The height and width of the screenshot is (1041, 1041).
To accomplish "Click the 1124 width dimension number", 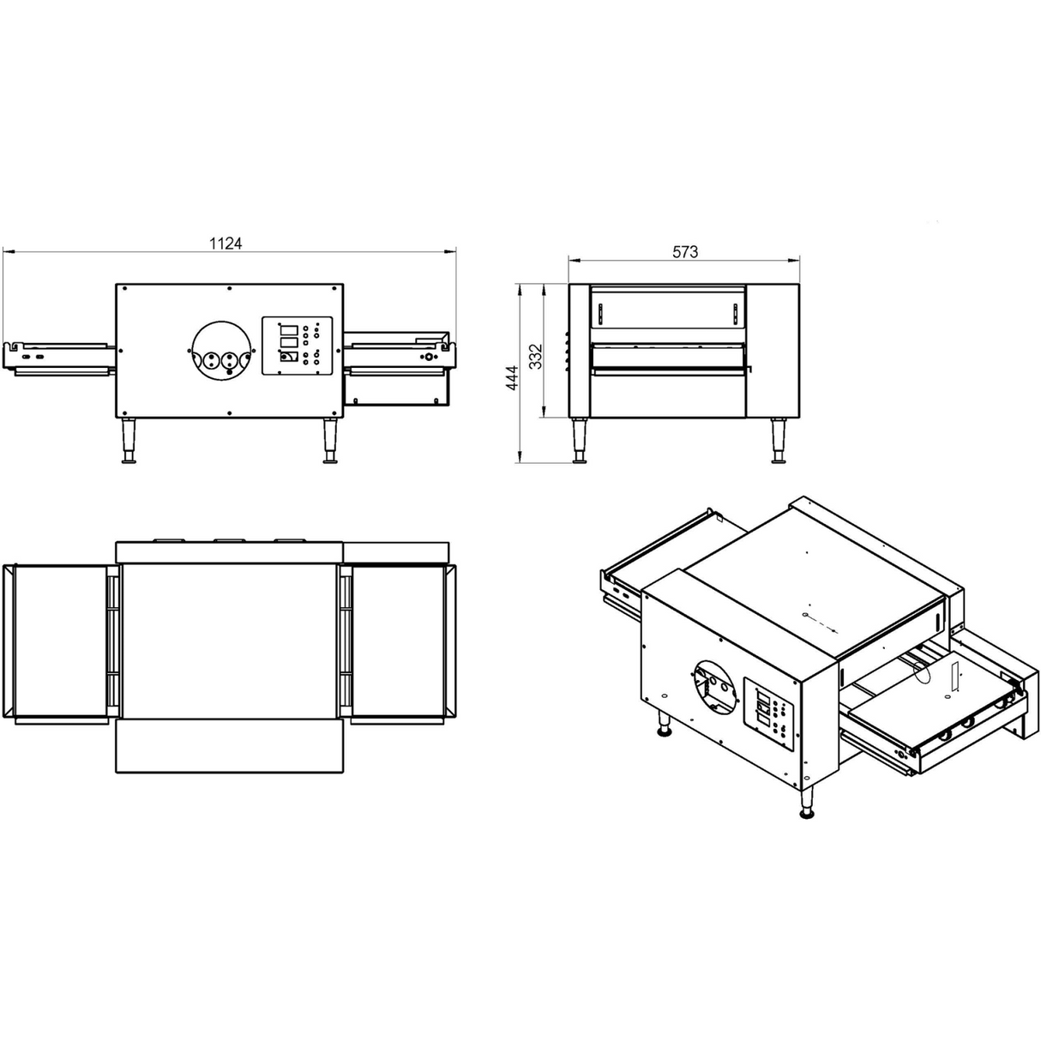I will pyautogui.click(x=226, y=244).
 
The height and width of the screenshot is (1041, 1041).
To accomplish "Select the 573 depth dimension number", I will pyautogui.click(x=684, y=251).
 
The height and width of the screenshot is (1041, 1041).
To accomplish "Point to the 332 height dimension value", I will pyautogui.click(x=535, y=355).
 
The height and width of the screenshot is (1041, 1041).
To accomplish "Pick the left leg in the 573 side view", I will pyautogui.click(x=581, y=441).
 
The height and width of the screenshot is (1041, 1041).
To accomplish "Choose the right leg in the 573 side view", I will pyautogui.click(x=779, y=441).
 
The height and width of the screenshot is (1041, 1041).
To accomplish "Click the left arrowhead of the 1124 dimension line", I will pyautogui.click(x=7, y=252).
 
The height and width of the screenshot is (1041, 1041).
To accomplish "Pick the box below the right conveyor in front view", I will pyautogui.click(x=396, y=389).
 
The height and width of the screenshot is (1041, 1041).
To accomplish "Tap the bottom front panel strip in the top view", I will pyautogui.click(x=229, y=746).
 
